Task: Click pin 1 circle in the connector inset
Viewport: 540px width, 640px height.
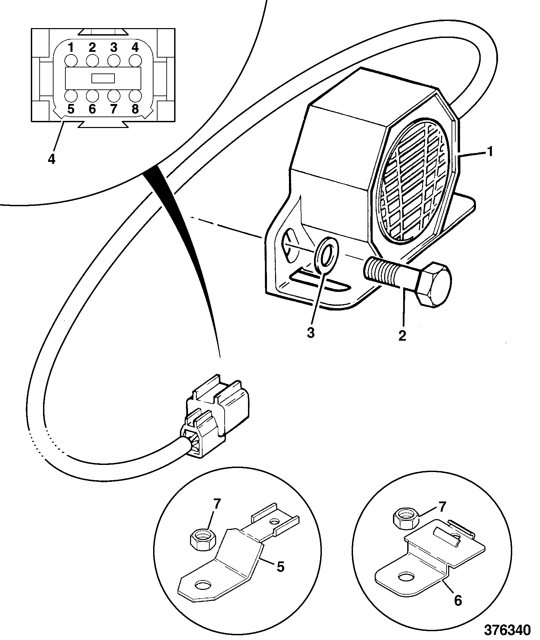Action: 71,61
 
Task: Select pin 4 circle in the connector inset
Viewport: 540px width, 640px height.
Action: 135,61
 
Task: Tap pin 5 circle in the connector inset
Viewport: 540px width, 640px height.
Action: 71,96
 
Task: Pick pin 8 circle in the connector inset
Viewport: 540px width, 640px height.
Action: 135,96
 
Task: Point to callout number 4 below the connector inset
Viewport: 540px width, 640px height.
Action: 51,159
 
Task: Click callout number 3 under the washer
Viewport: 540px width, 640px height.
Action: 311,333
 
